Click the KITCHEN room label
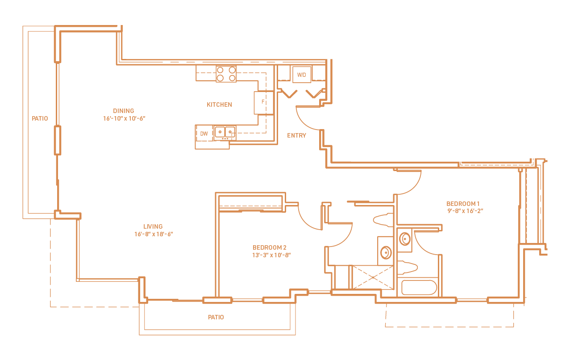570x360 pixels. pos(219,105)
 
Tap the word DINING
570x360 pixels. pos(124,111)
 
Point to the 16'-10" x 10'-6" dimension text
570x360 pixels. pos(124,118)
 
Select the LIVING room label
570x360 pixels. pos(153,226)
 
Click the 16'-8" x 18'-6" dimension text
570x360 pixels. pos(153,234)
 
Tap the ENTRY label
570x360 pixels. pos(296,135)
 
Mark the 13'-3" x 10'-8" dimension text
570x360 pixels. pos(271,255)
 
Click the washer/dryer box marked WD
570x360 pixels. pos(302,75)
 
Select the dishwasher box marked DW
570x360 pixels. pos(204,134)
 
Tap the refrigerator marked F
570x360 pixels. pos(263,102)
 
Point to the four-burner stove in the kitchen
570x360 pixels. pos(226,74)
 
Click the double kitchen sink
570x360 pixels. pos(225,132)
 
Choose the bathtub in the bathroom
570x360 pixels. pos(419,287)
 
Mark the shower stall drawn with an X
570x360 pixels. pos(373,277)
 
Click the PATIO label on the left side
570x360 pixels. pos(40,118)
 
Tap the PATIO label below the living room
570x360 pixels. pos(216,317)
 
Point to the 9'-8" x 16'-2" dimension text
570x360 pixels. pos(466,211)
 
